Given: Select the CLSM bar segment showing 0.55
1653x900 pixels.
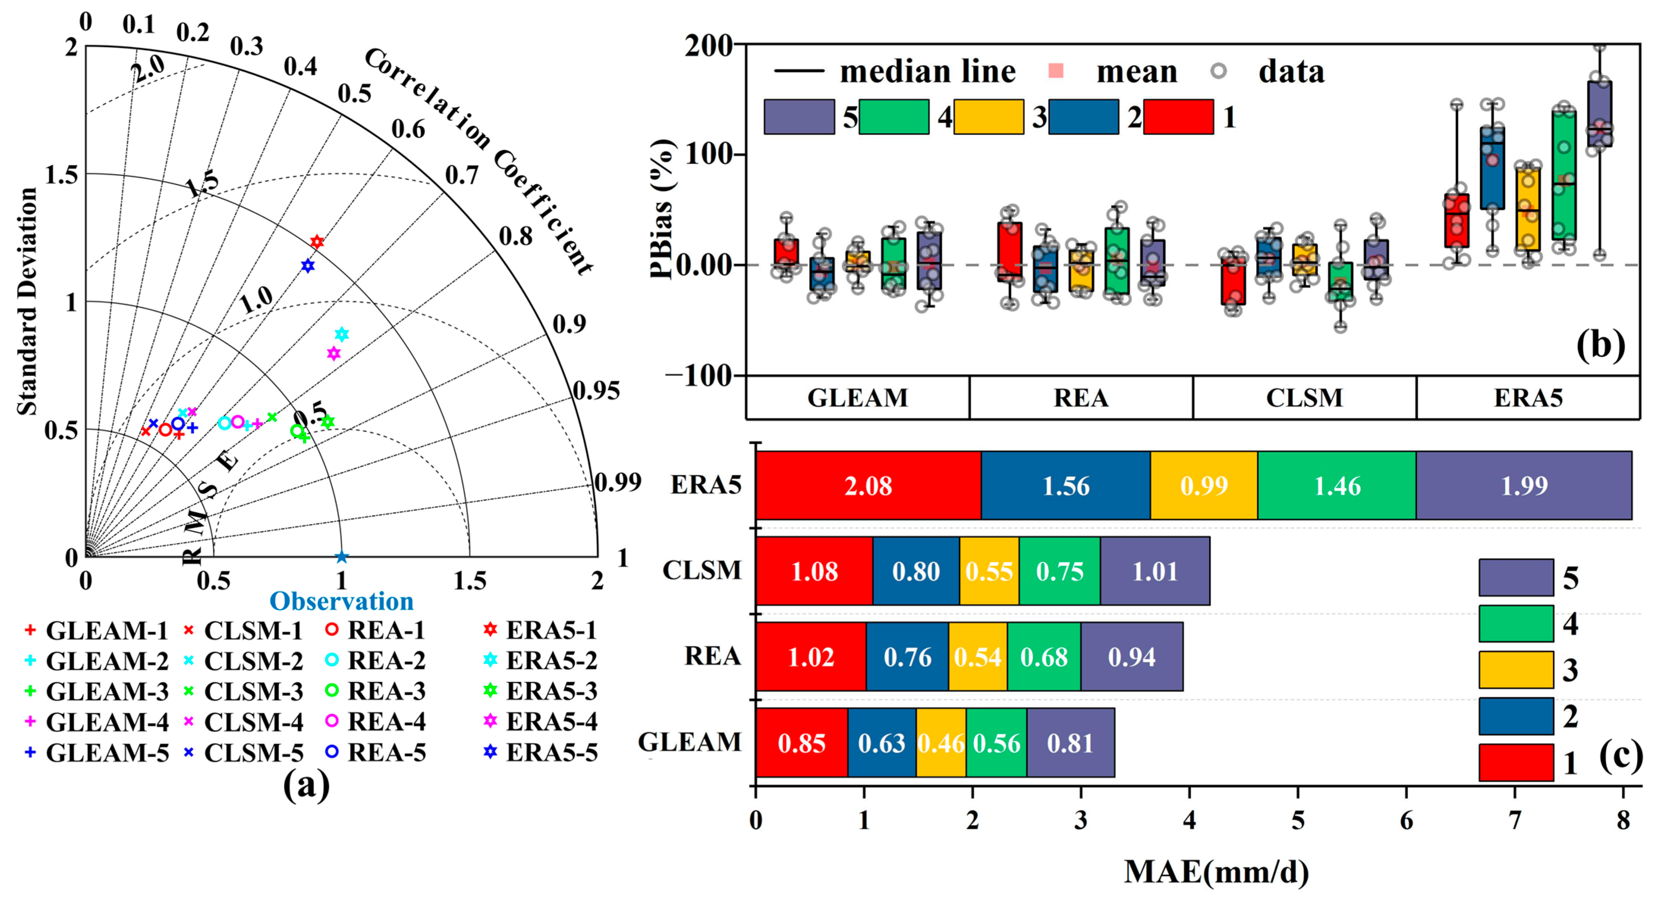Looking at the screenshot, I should (989, 571).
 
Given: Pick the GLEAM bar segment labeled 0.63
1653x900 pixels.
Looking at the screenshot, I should (881, 743).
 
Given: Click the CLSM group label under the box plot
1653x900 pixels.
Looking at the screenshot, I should (1304, 398).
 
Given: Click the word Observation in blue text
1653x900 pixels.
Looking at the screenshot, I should (341, 601).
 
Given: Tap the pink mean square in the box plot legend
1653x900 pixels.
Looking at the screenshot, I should (1056, 71).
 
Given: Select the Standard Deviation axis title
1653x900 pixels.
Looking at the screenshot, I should (27, 301).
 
